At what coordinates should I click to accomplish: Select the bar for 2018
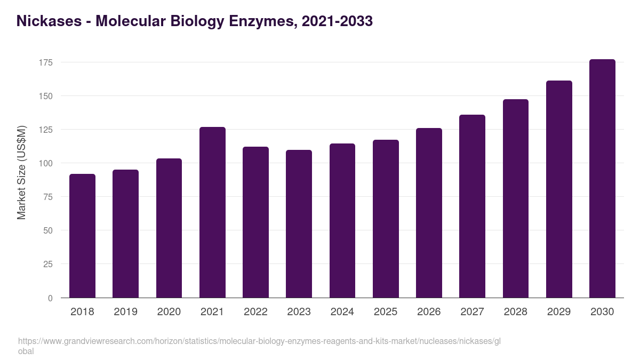[82, 236]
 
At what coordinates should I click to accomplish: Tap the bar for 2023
[299, 224]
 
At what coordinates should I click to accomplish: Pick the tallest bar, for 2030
[602, 179]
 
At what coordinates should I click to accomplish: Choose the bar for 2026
[429, 213]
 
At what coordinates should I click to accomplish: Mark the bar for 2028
[516, 198]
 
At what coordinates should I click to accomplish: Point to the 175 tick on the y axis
[46, 63]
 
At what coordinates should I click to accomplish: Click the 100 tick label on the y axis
[46, 164]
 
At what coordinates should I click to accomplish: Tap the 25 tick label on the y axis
[48, 265]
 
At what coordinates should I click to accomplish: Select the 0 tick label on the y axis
[51, 298]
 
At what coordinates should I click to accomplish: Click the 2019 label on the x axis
[125, 312]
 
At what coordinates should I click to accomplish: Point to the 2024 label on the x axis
[342, 312]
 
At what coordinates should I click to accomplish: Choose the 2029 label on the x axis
[559, 312]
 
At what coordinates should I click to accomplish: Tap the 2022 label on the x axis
[255, 312]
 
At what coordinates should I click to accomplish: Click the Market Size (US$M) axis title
[21, 172]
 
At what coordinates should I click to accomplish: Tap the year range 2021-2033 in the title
[337, 21]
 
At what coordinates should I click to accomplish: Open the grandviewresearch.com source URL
[259, 341]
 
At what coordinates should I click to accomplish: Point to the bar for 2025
[386, 219]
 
